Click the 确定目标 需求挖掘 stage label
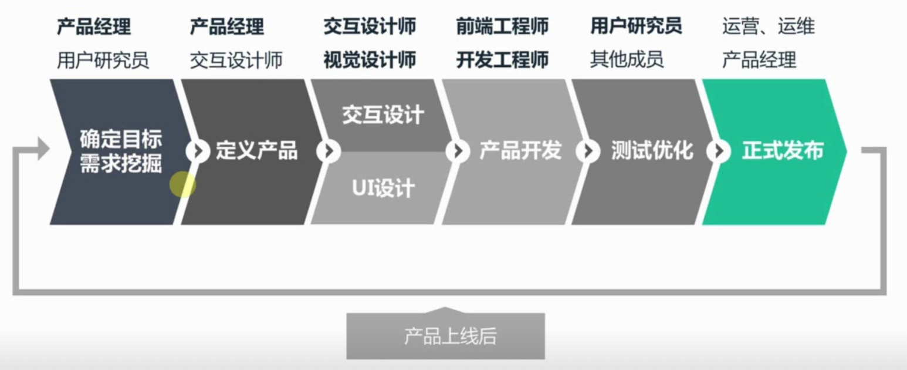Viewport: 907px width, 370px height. coord(121,152)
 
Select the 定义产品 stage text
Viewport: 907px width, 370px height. coord(256,152)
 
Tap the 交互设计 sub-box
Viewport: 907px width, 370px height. coord(383,115)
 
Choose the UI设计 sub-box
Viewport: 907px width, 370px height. coord(383,189)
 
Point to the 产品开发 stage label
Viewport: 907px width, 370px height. coord(520,151)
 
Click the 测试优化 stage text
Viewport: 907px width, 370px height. coord(652,151)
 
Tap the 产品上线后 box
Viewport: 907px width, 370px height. coord(445,337)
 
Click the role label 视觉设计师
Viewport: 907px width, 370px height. coord(370,60)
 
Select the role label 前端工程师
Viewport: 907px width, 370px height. coord(502,26)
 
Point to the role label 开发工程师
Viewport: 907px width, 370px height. coord(502,60)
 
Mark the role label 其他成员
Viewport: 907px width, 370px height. coord(627,60)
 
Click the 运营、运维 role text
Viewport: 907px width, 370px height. coord(768,26)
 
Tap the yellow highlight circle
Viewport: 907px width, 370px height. coord(182,184)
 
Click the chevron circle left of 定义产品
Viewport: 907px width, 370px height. coord(198,152)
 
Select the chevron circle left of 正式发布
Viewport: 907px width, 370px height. coord(718,152)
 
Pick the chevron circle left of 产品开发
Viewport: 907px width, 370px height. coord(457,152)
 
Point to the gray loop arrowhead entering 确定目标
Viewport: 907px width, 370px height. coord(43,149)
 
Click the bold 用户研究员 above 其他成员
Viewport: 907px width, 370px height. coord(636,26)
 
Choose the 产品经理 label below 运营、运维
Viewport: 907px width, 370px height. coord(759,60)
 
